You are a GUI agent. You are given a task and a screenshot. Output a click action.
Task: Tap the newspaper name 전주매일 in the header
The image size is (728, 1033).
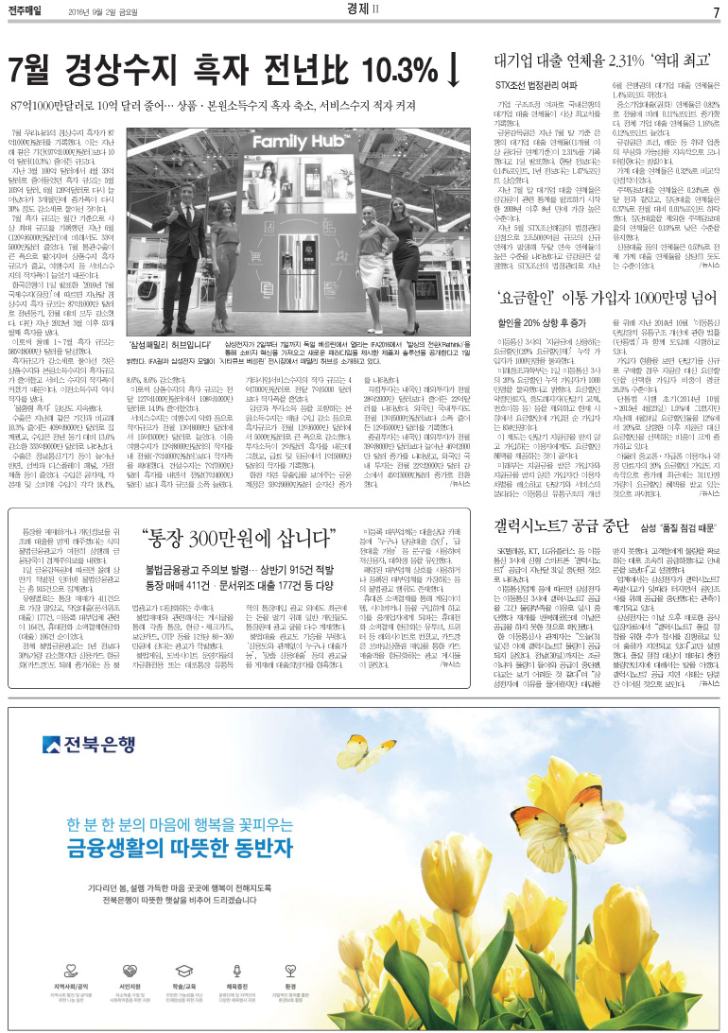30,11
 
